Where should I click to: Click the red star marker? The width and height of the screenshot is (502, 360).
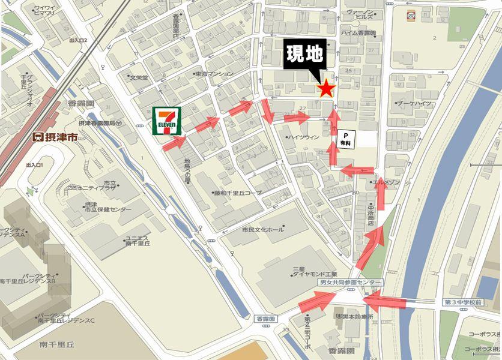pyautogui.click(x=325, y=89)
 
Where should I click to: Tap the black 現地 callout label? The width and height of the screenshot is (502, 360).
pyautogui.click(x=305, y=58)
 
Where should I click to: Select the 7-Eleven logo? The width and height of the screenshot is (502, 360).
pyautogui.click(x=166, y=121)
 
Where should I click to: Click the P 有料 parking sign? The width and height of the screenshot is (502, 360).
pyautogui.click(x=346, y=139)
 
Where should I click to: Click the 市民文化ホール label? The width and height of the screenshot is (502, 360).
pyautogui.click(x=262, y=230)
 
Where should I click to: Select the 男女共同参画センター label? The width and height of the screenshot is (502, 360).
pyautogui.click(x=349, y=281)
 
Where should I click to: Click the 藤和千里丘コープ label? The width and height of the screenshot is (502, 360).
pyautogui.click(x=238, y=193)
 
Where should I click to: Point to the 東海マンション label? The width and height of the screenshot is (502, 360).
pyautogui.click(x=215, y=74)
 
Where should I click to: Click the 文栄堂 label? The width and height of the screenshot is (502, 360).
pyautogui.click(x=139, y=77)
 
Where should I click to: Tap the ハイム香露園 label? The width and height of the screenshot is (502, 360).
pyautogui.click(x=358, y=34)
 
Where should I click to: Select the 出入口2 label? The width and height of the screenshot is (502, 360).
pyautogui.click(x=78, y=40)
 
